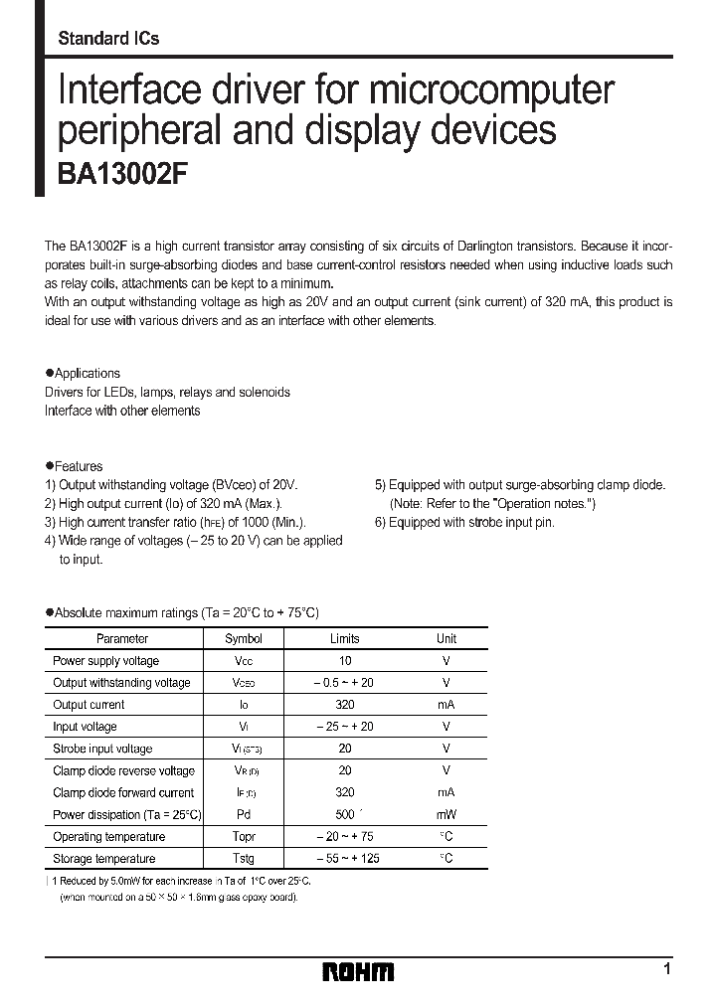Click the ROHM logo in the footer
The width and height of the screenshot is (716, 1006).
[358, 971]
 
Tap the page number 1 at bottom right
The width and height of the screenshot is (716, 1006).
[667, 968]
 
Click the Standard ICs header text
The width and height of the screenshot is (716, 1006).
[108, 39]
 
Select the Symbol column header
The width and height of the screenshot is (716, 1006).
[244, 639]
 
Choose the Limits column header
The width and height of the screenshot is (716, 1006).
[344, 639]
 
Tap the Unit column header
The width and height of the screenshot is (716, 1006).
[447, 639]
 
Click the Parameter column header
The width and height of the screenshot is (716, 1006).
[122, 639]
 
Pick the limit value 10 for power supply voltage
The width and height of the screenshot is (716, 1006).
[344, 661]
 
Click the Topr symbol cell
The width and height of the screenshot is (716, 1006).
[244, 837]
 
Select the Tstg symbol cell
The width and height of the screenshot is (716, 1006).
[244, 859]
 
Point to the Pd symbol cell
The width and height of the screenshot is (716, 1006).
[244, 815]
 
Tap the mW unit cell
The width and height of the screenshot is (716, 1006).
[447, 815]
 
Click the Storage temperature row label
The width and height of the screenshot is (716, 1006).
[104, 859]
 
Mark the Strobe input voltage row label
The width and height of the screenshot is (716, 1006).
[102, 749]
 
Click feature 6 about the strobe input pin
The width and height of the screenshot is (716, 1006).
[464, 522]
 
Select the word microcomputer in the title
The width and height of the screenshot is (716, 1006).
[487, 90]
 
